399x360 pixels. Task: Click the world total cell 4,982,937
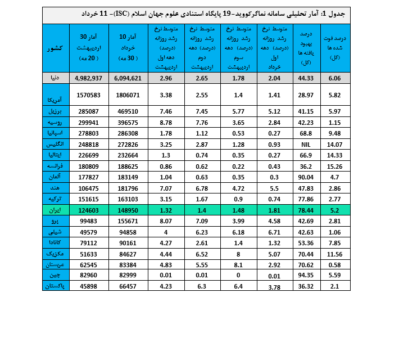coord(88,78)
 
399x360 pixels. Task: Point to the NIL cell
coord(306,144)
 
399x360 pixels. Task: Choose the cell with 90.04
coord(306,177)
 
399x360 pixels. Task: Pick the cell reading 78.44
coord(306,209)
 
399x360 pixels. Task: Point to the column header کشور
coord(56,48)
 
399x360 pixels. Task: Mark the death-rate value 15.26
coord(335,166)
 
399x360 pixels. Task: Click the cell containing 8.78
coord(165,122)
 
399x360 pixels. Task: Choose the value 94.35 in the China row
coord(306,275)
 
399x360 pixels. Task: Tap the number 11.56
coord(335,253)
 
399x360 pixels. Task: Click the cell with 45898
coord(89,286)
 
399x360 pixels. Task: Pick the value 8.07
coord(165,220)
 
